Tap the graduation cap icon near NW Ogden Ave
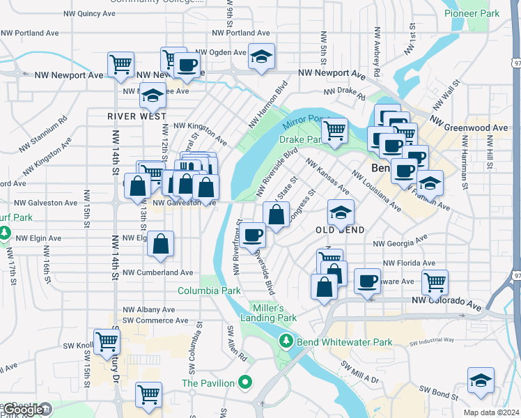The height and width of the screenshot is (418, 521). point(261,56)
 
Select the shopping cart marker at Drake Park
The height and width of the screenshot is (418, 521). point(335,130)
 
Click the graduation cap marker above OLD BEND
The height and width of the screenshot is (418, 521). point(341,212)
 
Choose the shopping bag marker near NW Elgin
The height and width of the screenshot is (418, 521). point(160,245)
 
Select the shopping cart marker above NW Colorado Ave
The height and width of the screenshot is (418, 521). point(435,282)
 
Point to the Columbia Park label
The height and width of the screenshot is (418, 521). point(209,291)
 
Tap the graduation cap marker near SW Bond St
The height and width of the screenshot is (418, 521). point(481,380)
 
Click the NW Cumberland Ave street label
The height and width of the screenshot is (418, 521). point(158,273)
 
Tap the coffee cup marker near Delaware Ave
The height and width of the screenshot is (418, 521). point(367,281)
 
